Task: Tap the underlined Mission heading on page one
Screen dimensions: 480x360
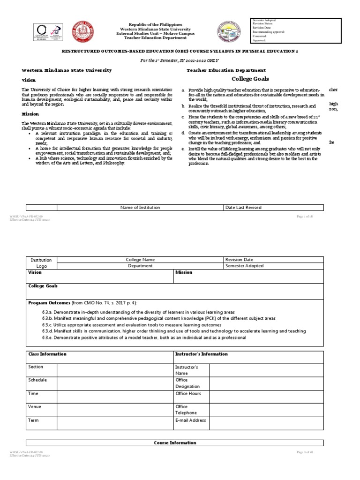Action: click(30, 114)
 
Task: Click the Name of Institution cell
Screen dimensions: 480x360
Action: click(140, 207)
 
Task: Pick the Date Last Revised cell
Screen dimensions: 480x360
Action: click(243, 207)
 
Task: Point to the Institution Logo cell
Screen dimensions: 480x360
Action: click(41, 262)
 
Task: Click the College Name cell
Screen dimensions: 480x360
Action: click(140, 259)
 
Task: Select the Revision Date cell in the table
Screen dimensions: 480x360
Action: click(239, 259)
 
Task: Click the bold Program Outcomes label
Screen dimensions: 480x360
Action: click(49, 303)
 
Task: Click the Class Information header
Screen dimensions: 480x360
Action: click(47, 354)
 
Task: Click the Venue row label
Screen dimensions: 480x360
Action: click(36, 406)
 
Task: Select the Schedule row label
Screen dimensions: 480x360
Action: click(37, 380)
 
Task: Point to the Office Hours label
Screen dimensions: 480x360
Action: click(188, 394)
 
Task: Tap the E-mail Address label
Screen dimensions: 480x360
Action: click(190, 420)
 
